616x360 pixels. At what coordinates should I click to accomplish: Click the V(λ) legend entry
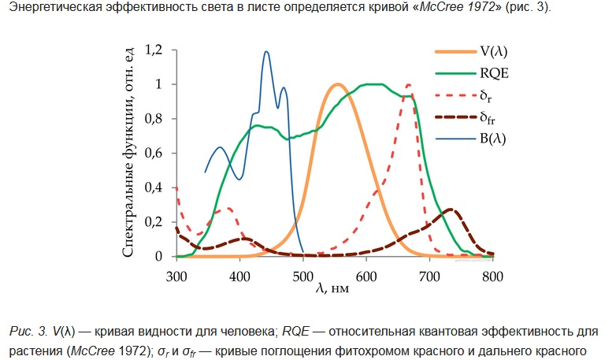493,51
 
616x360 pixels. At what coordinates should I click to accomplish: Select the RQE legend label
493,74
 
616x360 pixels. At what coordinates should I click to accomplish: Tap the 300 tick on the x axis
176,276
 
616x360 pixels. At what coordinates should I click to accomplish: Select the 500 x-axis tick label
303,276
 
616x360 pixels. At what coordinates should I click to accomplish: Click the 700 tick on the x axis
429,276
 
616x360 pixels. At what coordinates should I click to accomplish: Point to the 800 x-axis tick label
492,276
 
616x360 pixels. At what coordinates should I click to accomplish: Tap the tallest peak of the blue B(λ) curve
266,52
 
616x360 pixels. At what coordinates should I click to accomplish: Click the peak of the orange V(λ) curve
337,84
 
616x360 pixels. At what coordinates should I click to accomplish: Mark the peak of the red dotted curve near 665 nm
408,84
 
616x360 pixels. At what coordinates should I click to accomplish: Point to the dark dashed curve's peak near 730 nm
450,210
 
